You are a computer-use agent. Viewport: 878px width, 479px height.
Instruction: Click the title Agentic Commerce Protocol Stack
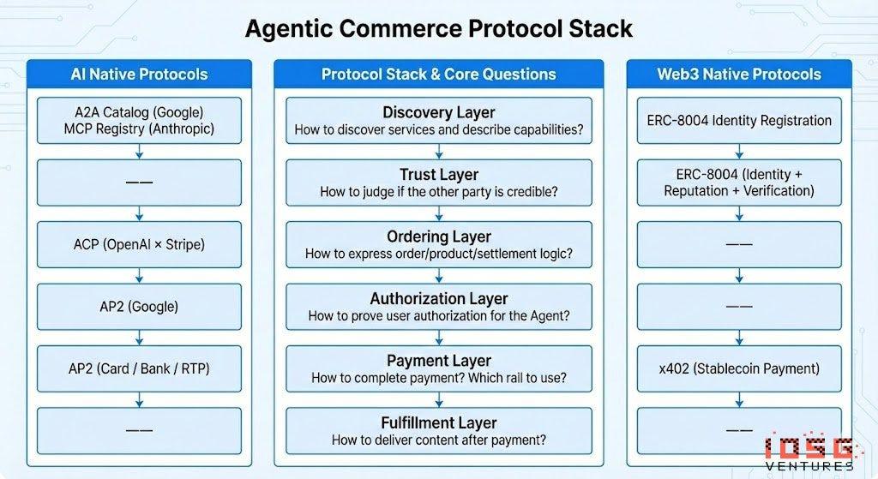tap(438, 27)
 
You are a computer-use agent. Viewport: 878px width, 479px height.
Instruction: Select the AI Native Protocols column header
tap(139, 74)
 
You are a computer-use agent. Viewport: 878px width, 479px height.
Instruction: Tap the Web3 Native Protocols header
tap(739, 74)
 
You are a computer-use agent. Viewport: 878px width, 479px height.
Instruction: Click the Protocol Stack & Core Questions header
tap(439, 74)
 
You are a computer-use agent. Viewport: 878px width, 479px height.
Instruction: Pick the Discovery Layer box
tap(439, 121)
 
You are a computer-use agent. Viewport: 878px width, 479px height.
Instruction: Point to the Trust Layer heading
tap(439, 175)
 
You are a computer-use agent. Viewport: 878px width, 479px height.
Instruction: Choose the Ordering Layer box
tap(439, 244)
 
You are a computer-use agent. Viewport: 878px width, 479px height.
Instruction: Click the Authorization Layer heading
tap(439, 299)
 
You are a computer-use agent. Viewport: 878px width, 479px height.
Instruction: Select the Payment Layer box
tap(439, 368)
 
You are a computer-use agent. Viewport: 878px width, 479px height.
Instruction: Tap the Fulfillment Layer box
tap(439, 431)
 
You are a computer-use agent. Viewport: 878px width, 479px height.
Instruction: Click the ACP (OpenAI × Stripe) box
tap(139, 244)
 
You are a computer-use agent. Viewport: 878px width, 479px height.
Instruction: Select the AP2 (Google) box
tap(139, 307)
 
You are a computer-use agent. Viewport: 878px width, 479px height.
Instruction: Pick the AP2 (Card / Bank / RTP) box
tap(139, 368)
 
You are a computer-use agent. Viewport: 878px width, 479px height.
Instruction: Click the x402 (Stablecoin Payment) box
tap(739, 368)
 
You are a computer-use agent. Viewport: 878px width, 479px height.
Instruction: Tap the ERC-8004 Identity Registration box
tap(739, 121)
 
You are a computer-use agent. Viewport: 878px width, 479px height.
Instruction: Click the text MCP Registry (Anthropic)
tap(139, 129)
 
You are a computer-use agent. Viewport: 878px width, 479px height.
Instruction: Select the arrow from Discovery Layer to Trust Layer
tap(439, 152)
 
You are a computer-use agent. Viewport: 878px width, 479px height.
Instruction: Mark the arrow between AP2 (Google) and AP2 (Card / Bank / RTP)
tap(139, 338)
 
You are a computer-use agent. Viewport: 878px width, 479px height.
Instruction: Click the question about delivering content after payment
tap(439, 440)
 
